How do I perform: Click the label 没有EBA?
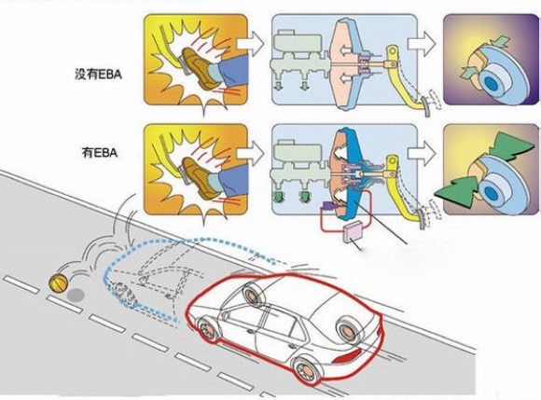click(x=98, y=75)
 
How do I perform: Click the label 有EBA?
click(x=100, y=152)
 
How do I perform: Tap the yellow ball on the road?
click(x=59, y=283)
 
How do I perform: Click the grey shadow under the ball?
click(x=76, y=295)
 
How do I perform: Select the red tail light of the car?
click(x=347, y=356)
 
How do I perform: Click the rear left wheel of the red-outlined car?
click(x=306, y=371)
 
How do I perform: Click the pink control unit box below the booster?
click(x=352, y=232)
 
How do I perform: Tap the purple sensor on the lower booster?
click(x=328, y=206)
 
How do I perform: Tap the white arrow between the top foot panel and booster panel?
click(x=251, y=44)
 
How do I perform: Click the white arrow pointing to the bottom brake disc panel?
click(x=422, y=152)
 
